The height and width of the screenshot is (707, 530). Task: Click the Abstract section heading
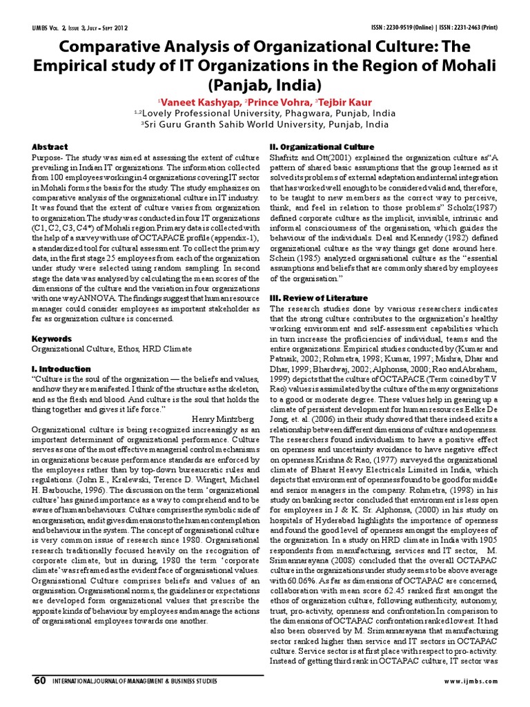tap(50, 147)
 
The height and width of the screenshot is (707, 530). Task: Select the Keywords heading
tap(52, 339)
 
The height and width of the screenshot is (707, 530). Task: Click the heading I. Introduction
tap(61, 369)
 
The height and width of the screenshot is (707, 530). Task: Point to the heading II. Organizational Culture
tap(322, 147)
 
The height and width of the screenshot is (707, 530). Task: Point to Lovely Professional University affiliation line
tap(264, 113)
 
